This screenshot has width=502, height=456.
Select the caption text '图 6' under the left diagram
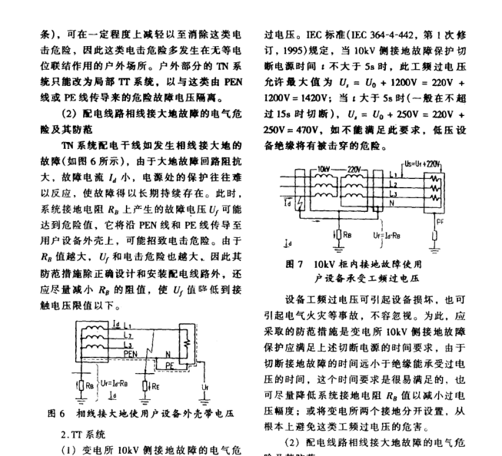[x=55, y=414]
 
